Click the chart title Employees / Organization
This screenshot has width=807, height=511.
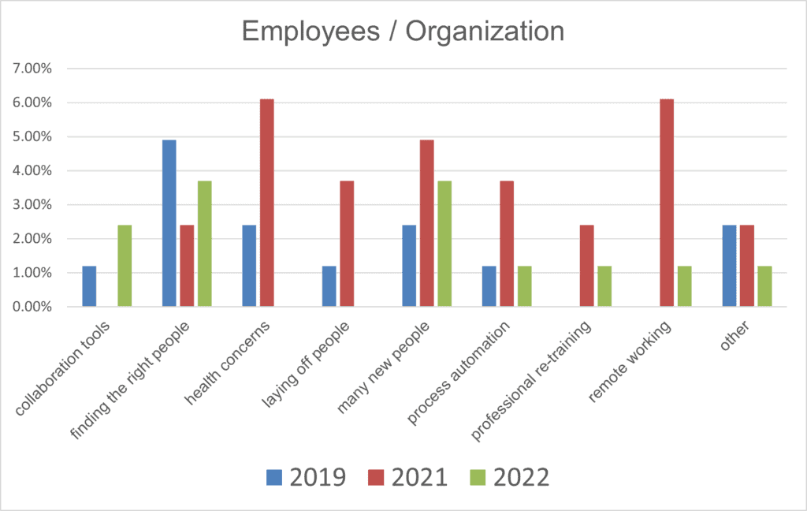pos(403,31)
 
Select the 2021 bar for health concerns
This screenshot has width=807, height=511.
pos(266,203)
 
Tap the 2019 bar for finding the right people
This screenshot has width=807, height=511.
pos(169,223)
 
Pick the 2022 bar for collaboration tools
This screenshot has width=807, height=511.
pos(125,266)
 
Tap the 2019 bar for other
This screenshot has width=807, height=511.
pos(729,266)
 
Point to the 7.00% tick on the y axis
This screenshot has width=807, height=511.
pos(32,69)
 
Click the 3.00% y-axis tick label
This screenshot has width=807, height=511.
pos(32,205)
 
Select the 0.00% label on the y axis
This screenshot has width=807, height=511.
pos(32,307)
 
